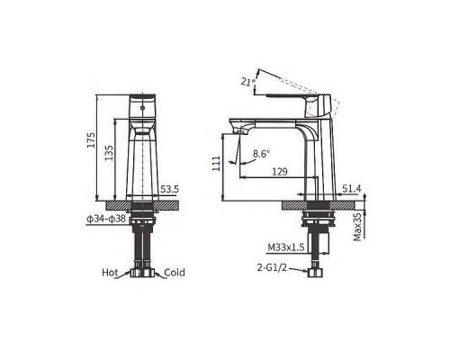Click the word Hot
(x=110, y=272)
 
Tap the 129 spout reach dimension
(x=279, y=171)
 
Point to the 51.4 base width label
(x=352, y=189)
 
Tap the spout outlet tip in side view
(x=238, y=132)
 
